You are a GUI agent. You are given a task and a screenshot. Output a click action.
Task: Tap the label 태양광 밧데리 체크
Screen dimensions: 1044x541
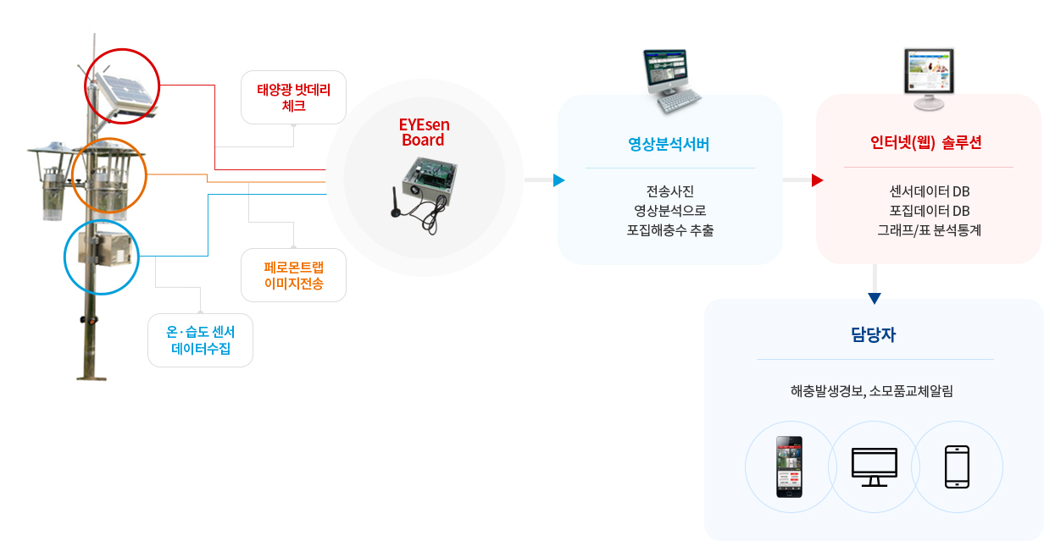point(293,97)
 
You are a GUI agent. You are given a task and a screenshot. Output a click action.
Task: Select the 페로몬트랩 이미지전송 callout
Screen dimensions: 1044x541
point(293,275)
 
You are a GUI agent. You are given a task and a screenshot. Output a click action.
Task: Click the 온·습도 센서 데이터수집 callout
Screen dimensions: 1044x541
point(200,340)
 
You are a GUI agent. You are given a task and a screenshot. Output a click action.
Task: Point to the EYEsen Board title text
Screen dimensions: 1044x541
point(424,132)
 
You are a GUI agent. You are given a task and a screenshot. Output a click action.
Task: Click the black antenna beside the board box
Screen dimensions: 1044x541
point(395,202)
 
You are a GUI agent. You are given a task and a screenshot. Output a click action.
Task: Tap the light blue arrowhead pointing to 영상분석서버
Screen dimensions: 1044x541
point(558,180)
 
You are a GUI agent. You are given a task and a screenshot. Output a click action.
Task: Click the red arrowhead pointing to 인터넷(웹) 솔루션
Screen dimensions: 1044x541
point(817,180)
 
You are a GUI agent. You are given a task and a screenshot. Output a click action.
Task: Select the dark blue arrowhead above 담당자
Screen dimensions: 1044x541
point(875,298)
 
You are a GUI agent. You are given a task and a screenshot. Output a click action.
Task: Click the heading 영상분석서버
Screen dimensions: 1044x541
point(669,144)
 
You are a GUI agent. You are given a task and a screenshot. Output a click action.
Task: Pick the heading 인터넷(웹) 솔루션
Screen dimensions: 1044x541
point(926,142)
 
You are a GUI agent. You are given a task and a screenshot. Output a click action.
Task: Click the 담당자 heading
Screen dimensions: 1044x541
point(874,334)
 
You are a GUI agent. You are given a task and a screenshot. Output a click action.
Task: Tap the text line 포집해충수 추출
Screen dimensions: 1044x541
point(669,230)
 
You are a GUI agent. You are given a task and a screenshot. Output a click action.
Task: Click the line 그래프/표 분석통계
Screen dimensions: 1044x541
point(929,230)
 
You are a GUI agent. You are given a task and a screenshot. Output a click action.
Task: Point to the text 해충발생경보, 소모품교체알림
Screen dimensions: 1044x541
point(871,391)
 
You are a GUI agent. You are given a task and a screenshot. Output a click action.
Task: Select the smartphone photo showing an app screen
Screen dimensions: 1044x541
point(789,466)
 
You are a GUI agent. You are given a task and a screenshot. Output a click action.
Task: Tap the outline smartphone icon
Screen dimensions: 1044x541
point(957,466)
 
